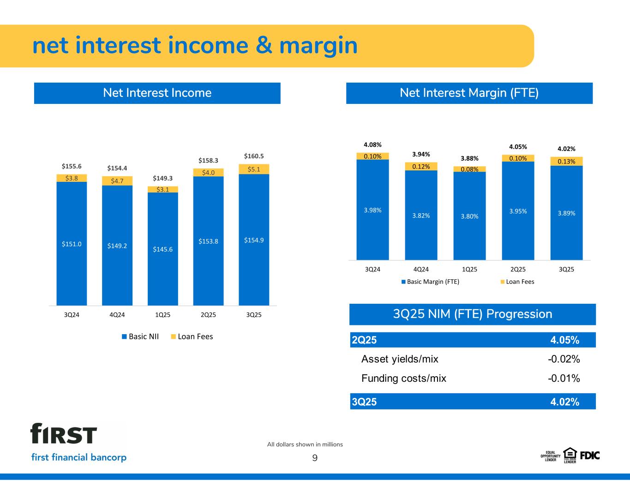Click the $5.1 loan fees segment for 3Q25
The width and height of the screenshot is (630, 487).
254,169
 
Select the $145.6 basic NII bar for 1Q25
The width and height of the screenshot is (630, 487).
163,249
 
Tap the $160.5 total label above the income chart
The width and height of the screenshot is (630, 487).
254,156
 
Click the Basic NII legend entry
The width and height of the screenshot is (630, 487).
140,337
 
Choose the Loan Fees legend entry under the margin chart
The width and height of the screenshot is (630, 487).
517,282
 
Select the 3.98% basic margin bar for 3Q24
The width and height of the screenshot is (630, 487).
372,210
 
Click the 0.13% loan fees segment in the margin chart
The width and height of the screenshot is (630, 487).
566,161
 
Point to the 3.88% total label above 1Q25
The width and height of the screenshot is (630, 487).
469,158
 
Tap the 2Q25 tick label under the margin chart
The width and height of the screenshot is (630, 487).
518,270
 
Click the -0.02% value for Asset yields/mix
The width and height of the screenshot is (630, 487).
564,359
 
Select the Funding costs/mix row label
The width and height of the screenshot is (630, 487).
404,379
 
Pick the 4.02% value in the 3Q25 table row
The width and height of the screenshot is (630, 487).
564,402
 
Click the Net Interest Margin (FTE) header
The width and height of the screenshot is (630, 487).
469,93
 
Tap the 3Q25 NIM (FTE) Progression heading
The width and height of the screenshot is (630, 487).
472,314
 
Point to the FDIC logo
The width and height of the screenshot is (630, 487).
590,455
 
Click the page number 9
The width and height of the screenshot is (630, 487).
315,458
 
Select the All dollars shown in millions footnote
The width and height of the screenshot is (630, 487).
305,445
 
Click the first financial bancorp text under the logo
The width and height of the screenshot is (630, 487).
79,457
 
